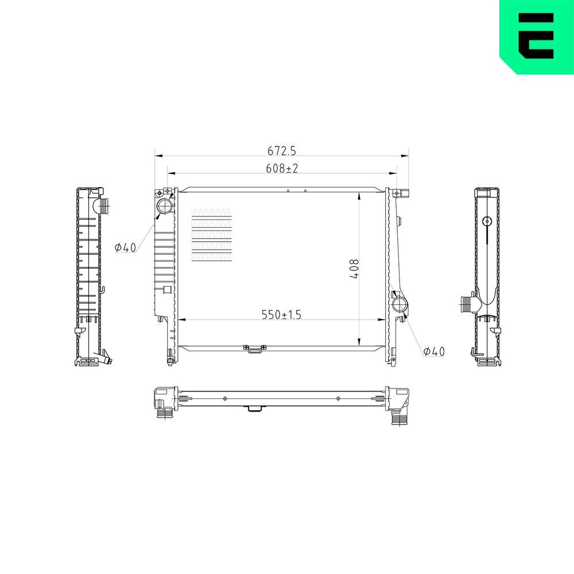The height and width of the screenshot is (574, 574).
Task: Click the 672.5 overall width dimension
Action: coord(281,150)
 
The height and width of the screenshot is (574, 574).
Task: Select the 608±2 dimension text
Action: coord(282,168)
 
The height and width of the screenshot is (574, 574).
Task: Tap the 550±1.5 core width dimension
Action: coord(281,315)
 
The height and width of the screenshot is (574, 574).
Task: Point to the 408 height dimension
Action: coord(354,269)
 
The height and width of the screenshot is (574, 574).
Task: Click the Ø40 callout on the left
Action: coord(125,248)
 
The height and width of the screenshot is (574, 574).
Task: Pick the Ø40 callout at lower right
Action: coord(434,351)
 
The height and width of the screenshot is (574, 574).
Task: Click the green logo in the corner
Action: coord(537,37)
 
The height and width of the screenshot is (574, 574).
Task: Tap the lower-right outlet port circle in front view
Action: coord(400,304)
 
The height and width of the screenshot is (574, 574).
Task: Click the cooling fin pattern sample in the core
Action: coord(212,235)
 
